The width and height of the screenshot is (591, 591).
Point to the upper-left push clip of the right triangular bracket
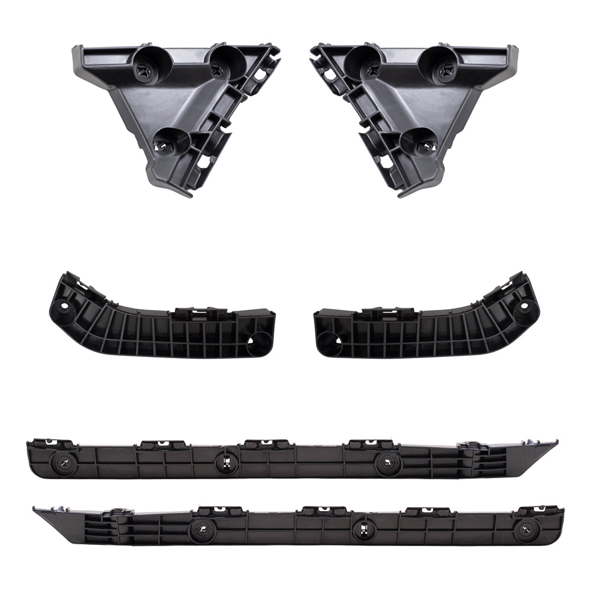tap(371, 69)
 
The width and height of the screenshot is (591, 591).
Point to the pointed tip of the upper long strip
tap(555, 442)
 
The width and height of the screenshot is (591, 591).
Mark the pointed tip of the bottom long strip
tap(35, 508)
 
